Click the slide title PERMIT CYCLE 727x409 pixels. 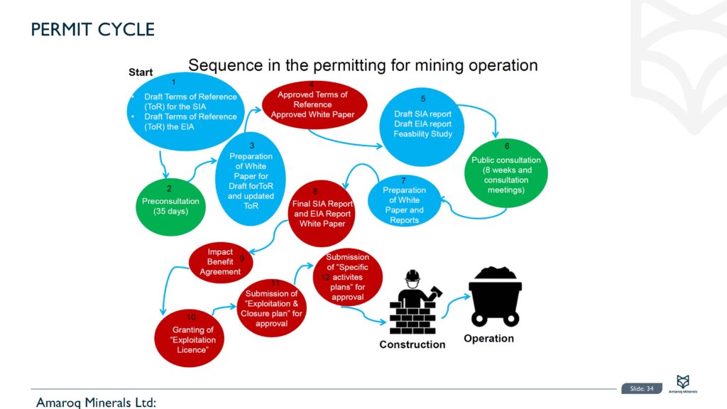point(92,29)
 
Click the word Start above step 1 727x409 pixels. point(141,72)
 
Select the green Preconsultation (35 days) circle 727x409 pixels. point(170,206)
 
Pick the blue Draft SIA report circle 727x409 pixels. point(422,124)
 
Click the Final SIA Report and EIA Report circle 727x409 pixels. point(322,213)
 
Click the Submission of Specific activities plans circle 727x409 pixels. point(347,277)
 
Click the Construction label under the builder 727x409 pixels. point(412,344)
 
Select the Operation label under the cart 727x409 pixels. point(488,339)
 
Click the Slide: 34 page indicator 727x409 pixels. point(641,388)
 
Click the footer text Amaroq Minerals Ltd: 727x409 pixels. point(96,403)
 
